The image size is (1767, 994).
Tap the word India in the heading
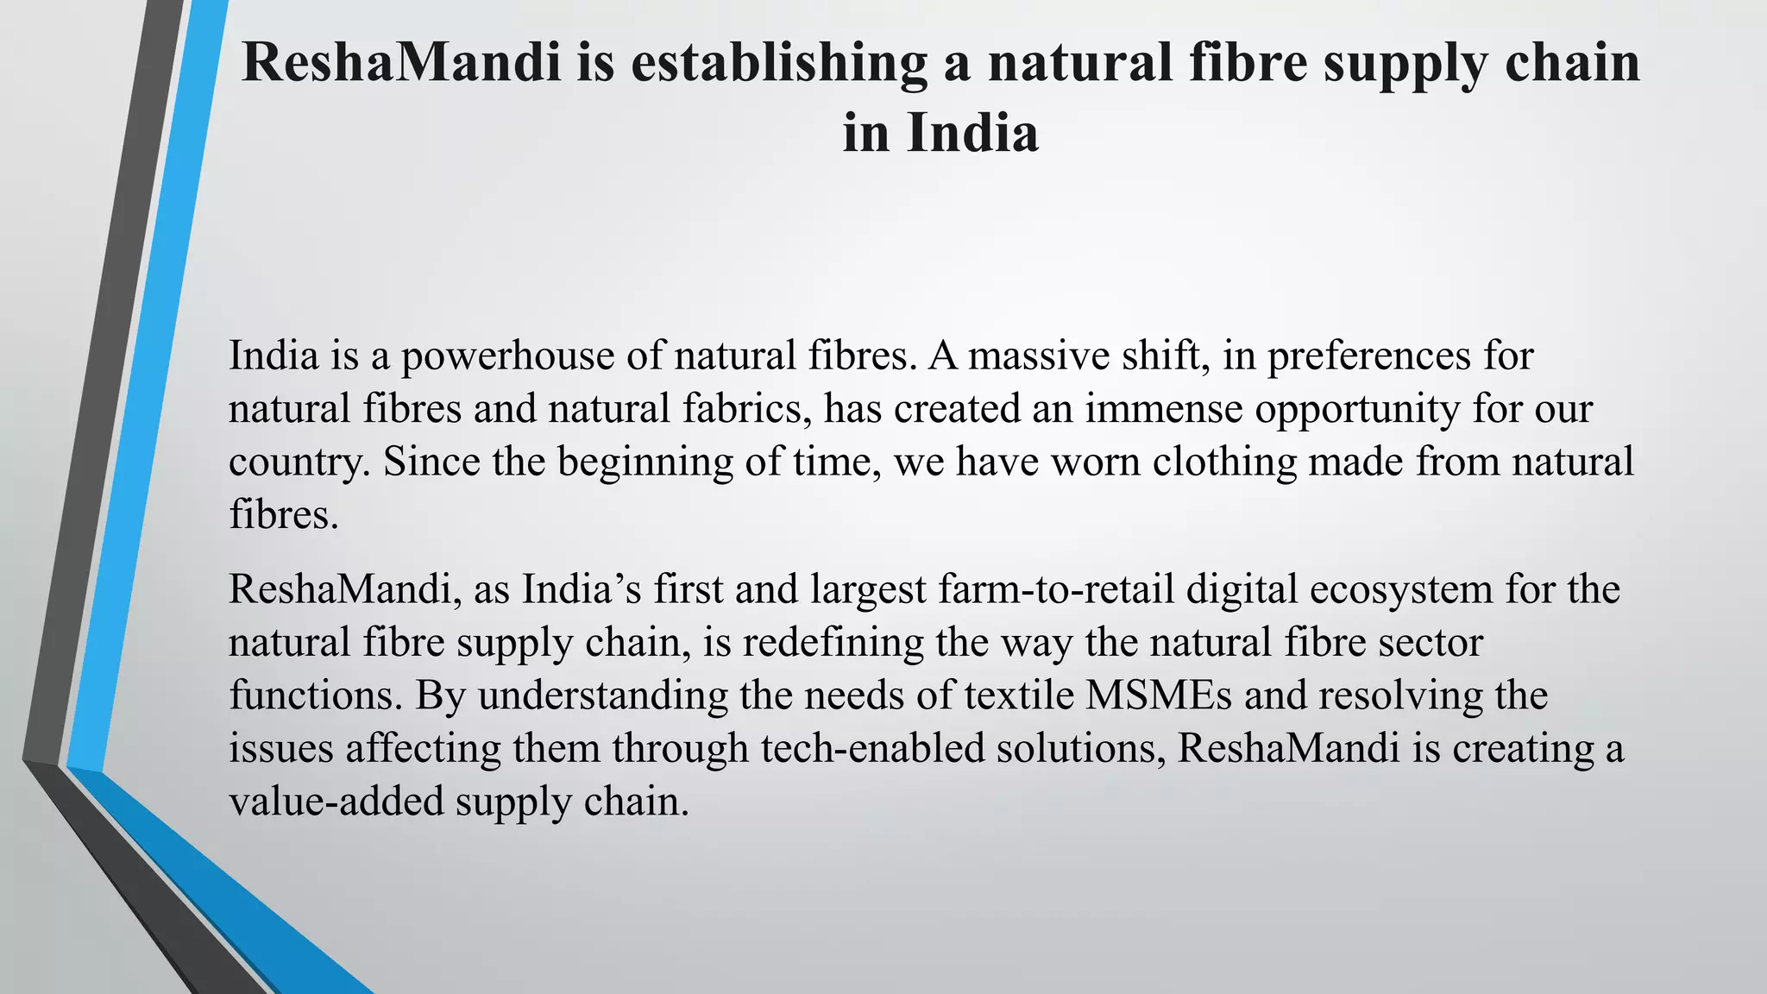[x=972, y=134]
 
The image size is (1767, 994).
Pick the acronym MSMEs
[x=1159, y=695]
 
